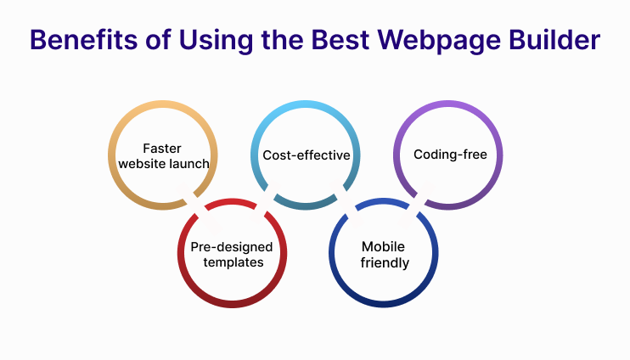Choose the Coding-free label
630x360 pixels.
click(x=450, y=155)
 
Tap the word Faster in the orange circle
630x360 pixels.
click(x=161, y=148)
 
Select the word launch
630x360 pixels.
click(x=188, y=163)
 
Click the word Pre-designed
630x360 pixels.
click(x=232, y=247)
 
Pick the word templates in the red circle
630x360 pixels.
click(x=232, y=262)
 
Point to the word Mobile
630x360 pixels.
click(x=382, y=247)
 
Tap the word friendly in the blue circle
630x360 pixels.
click(x=384, y=262)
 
